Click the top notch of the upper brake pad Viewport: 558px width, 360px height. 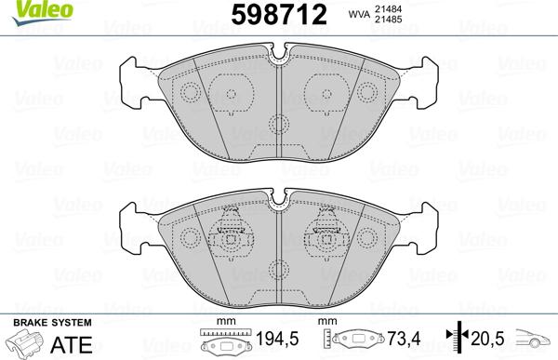click(280, 58)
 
